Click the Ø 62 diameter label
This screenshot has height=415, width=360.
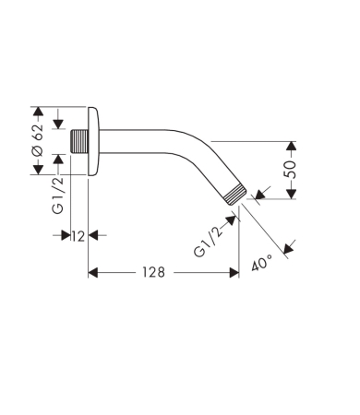(38, 140)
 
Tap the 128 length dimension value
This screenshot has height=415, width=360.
(153, 272)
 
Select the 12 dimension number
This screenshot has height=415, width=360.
(78, 236)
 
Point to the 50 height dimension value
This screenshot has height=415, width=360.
(290, 170)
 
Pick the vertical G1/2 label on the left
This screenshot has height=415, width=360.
(57, 196)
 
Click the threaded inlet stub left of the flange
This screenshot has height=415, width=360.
(79, 141)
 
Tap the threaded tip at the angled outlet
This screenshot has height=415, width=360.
(235, 195)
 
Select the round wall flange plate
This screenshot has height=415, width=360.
(93, 141)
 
